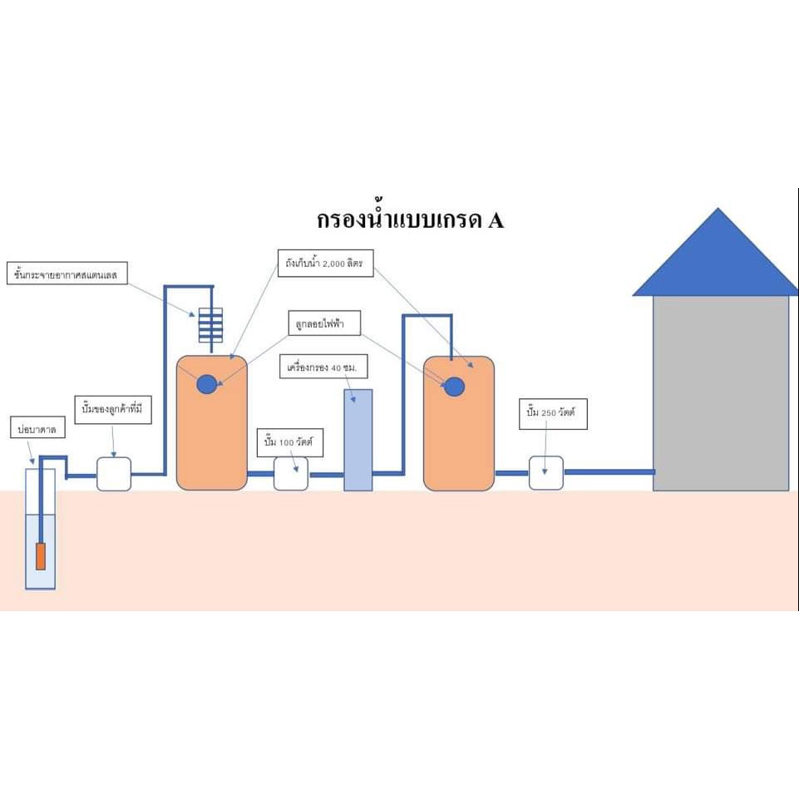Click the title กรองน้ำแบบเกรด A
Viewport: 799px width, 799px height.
[411, 219]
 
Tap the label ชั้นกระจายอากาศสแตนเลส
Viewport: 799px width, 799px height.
[66, 273]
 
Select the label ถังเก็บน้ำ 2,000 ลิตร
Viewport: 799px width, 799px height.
[327, 263]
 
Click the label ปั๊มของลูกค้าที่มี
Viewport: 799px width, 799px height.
[113, 411]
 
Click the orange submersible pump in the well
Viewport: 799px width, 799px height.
[40, 555]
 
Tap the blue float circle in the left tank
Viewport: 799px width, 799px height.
[206, 384]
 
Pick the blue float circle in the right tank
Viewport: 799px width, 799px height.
[454, 387]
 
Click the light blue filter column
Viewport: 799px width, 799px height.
[358, 440]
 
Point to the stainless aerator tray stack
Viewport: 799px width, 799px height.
[211, 326]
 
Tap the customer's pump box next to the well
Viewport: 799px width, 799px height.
[114, 473]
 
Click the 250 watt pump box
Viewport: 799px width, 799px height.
[546, 473]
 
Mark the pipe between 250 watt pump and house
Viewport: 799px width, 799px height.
[609, 472]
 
